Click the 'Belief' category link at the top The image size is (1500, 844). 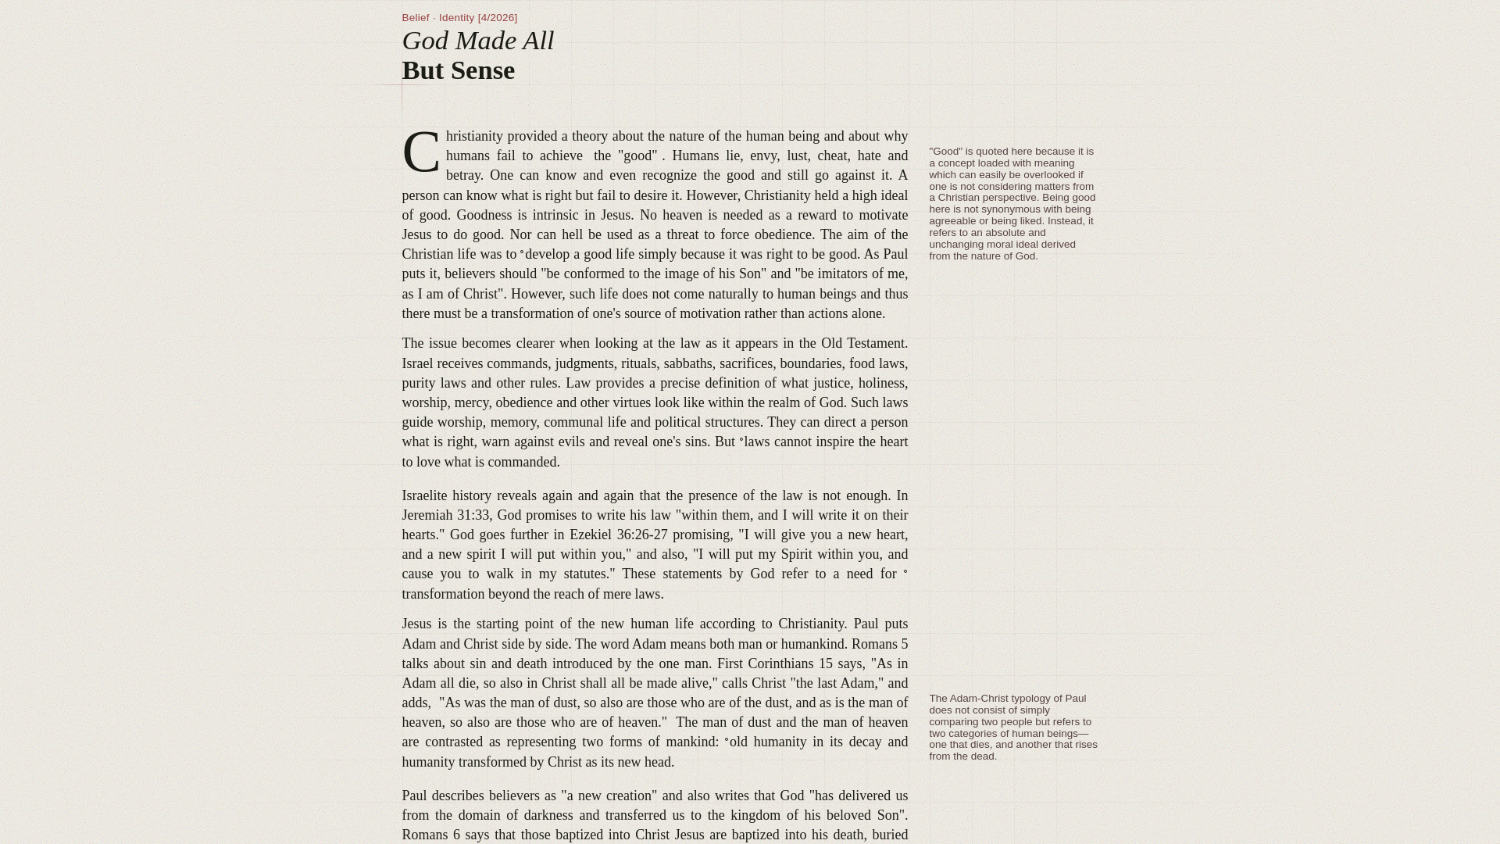coord(415,18)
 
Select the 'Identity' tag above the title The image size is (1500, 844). coord(456,18)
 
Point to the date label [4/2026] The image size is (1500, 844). coord(498,18)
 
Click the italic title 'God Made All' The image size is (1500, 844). coord(477,41)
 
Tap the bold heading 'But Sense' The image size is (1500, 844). coord(458,70)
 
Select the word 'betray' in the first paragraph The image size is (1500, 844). coord(463,176)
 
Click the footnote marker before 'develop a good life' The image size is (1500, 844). coord(522,252)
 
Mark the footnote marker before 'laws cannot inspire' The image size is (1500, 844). coord(741,441)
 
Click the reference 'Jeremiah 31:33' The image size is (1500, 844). coord(445,516)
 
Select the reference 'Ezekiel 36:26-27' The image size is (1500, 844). coord(618,535)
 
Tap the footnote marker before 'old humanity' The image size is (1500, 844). coord(727,741)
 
